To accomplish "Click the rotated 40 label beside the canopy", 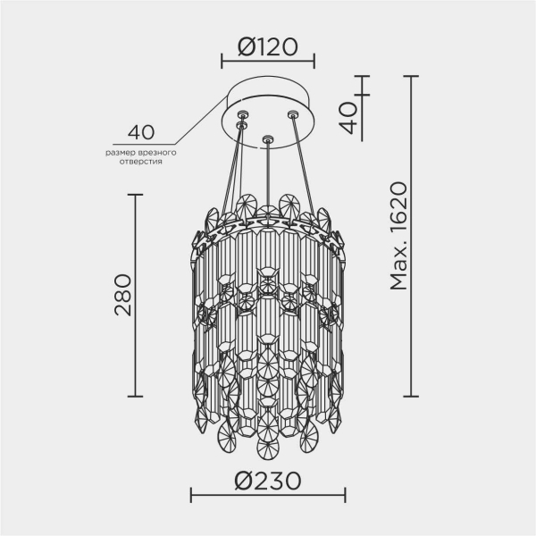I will [x=349, y=113].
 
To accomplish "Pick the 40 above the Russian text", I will [x=141, y=133].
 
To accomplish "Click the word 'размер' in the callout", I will [x=119, y=154].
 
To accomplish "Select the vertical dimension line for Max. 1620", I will [x=412, y=236].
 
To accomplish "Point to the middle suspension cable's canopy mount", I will [x=267, y=139].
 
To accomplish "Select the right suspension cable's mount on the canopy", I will [x=292, y=113].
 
